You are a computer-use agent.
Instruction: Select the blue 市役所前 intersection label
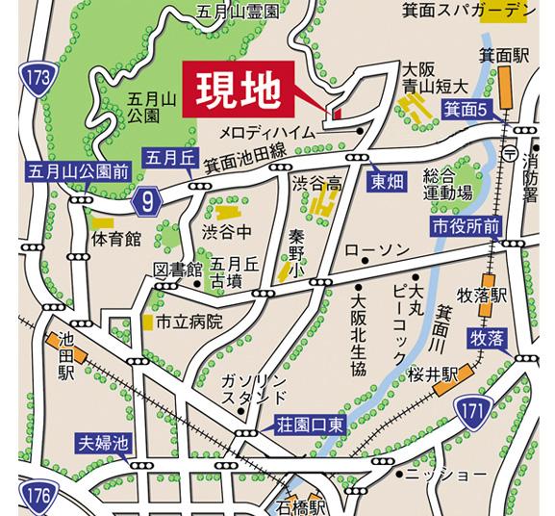coord(465,226)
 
